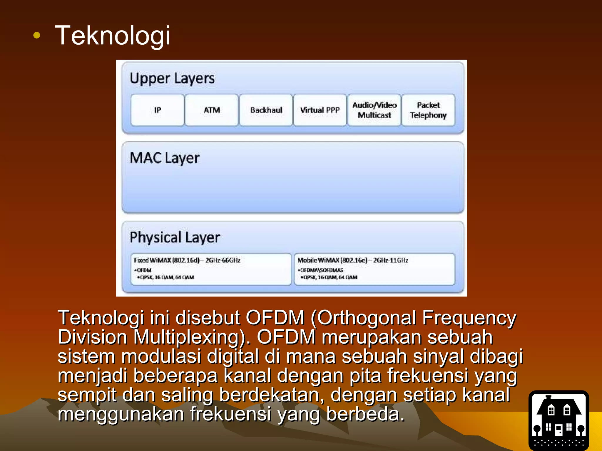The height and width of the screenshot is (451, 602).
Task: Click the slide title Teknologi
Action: [x=113, y=36]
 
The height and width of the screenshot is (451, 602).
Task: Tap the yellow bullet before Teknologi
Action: [x=37, y=36]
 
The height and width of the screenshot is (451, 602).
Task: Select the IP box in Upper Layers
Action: [x=158, y=110]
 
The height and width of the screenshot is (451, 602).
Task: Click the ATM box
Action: [x=212, y=110]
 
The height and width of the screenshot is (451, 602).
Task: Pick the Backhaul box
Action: [x=266, y=110]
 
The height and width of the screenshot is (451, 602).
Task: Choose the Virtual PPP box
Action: [x=320, y=110]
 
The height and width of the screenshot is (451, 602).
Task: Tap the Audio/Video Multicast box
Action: [x=374, y=110]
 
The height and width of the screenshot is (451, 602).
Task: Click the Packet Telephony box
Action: [x=428, y=110]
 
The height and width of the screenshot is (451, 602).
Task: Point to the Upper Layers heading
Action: [x=172, y=78]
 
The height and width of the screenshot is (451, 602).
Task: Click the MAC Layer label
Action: [x=165, y=158]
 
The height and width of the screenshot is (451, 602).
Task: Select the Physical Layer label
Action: [x=175, y=237]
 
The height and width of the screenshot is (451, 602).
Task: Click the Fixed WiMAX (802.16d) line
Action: [x=187, y=260]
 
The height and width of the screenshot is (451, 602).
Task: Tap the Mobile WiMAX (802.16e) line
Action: [x=353, y=260]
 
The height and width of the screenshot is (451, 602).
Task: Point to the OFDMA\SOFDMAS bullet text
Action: [x=321, y=270]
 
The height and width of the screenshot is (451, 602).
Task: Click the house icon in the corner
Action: [x=559, y=420]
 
